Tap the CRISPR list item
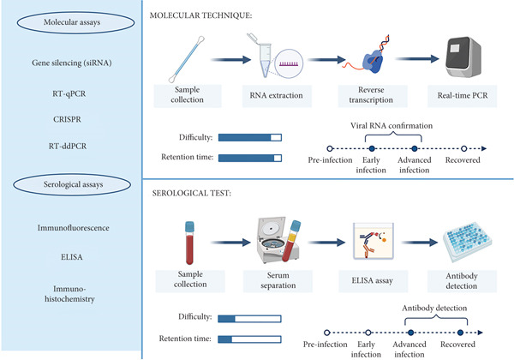point(67,119)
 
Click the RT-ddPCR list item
point(68,147)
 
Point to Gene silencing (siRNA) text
point(71,63)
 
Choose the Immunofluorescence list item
point(73,228)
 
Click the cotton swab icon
point(187,59)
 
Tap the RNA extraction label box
point(277,96)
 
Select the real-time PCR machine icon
point(463,57)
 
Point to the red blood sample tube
point(189,243)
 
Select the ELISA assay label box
point(373,281)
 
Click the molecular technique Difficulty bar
point(250,137)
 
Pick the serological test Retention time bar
point(249,339)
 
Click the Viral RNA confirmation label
point(391,126)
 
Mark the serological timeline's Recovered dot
point(460,333)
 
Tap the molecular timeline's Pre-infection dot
point(330,148)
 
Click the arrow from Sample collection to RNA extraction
point(230,60)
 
